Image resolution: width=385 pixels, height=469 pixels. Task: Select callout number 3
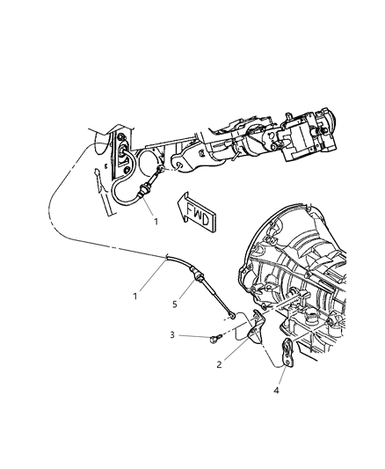point(174,335)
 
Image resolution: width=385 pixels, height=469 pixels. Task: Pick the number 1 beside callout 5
point(135,296)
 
